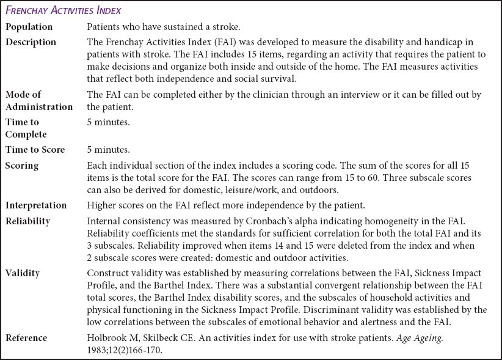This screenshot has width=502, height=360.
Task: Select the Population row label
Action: click(29, 27)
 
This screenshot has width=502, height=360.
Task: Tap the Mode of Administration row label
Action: click(38, 100)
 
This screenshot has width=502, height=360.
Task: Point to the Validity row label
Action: click(23, 273)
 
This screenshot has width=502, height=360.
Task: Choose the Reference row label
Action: click(26, 337)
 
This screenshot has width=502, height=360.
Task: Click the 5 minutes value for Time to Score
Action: click(109, 150)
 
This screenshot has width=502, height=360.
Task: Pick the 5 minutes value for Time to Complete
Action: click(109, 122)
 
